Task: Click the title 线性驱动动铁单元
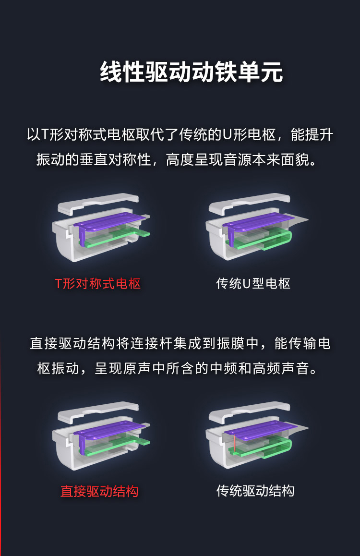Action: pyautogui.click(x=192, y=72)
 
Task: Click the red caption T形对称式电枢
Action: pyautogui.click(x=98, y=284)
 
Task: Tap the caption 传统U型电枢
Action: pyautogui.click(x=253, y=284)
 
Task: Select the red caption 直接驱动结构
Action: pyautogui.click(x=99, y=492)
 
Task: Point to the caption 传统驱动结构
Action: pyautogui.click(x=255, y=491)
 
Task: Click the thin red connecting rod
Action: pyautogui.click(x=235, y=443)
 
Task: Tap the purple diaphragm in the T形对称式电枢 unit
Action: pyautogui.click(x=110, y=222)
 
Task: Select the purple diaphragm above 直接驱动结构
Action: pyautogui.click(x=110, y=431)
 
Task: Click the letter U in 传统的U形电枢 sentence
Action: pyautogui.click(x=227, y=135)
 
